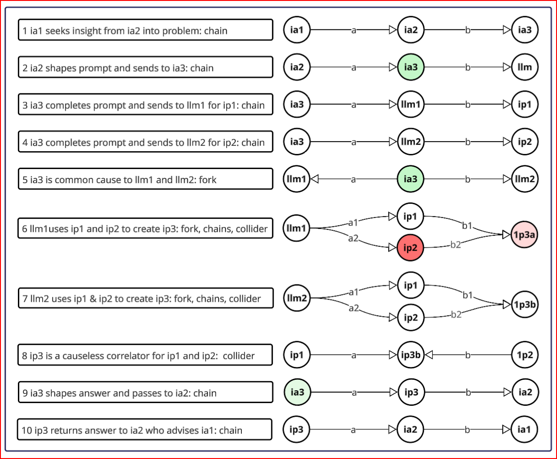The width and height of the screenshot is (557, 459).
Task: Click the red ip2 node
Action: [x=410, y=247]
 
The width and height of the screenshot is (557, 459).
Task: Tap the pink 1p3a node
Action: [x=524, y=235]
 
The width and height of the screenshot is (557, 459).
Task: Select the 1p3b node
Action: [x=524, y=305]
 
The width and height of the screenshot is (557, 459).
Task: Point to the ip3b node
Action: [x=410, y=355]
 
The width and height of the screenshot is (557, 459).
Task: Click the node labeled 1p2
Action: [x=524, y=355]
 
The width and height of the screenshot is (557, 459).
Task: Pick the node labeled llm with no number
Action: [x=524, y=67]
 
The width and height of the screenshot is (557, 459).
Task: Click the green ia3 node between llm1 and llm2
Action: [x=410, y=179]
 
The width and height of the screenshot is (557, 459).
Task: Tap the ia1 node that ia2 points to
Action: [x=524, y=430]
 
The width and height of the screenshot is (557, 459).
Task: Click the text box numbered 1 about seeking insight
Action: [x=145, y=31]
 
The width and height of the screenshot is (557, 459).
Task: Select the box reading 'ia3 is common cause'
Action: [x=145, y=179]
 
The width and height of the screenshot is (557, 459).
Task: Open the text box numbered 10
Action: [x=145, y=430]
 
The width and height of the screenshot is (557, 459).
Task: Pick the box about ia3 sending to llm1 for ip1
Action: [x=145, y=105]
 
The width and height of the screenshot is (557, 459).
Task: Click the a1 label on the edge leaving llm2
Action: [x=354, y=292]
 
